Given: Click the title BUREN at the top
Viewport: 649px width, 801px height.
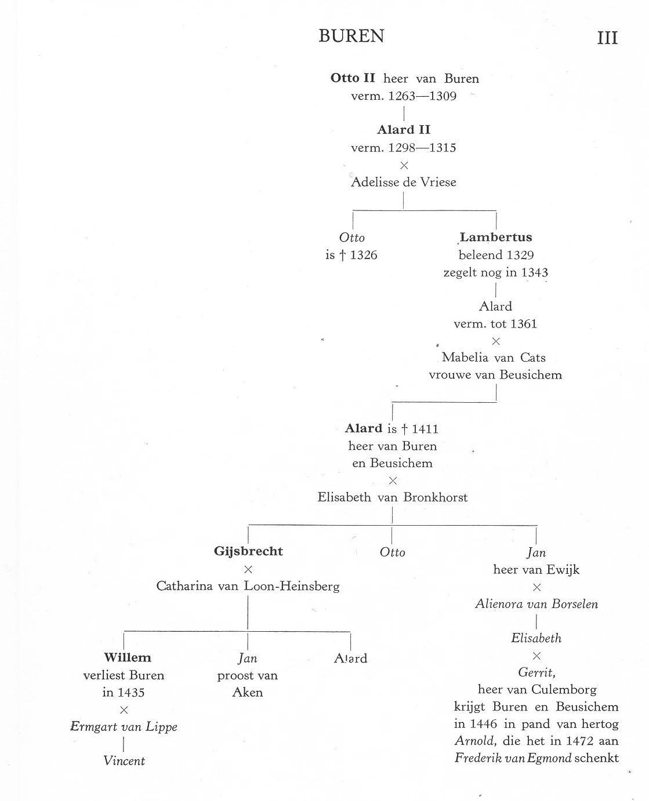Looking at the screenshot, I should coord(351,37).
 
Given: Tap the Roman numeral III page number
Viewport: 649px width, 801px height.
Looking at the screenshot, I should coord(607,38).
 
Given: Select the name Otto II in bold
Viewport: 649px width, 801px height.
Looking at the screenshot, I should coord(353,78).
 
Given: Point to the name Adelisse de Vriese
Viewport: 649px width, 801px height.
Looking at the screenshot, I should coord(404,182).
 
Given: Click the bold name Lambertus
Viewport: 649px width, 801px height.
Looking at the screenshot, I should coord(496,237).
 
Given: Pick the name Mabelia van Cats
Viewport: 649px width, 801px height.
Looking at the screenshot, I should coord(494,358).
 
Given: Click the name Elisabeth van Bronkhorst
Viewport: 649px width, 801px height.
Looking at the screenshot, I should coord(393,497).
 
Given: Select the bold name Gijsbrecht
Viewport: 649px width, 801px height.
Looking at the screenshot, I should coord(248,551).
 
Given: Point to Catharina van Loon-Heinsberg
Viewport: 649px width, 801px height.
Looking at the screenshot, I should coord(248,586).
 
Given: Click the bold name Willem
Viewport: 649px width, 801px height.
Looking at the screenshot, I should coord(128,658).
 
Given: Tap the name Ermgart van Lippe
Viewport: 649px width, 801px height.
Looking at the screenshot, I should coord(124,727).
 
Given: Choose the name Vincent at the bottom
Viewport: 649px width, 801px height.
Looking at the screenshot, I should coord(124,761).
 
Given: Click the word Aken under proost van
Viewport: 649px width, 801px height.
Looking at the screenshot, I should coord(248,693).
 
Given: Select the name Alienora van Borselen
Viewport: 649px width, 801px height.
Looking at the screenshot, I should coord(536,604).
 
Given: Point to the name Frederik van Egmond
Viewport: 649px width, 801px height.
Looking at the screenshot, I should coord(513,758).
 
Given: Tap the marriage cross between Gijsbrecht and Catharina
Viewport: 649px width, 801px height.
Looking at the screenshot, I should coord(248,569).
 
